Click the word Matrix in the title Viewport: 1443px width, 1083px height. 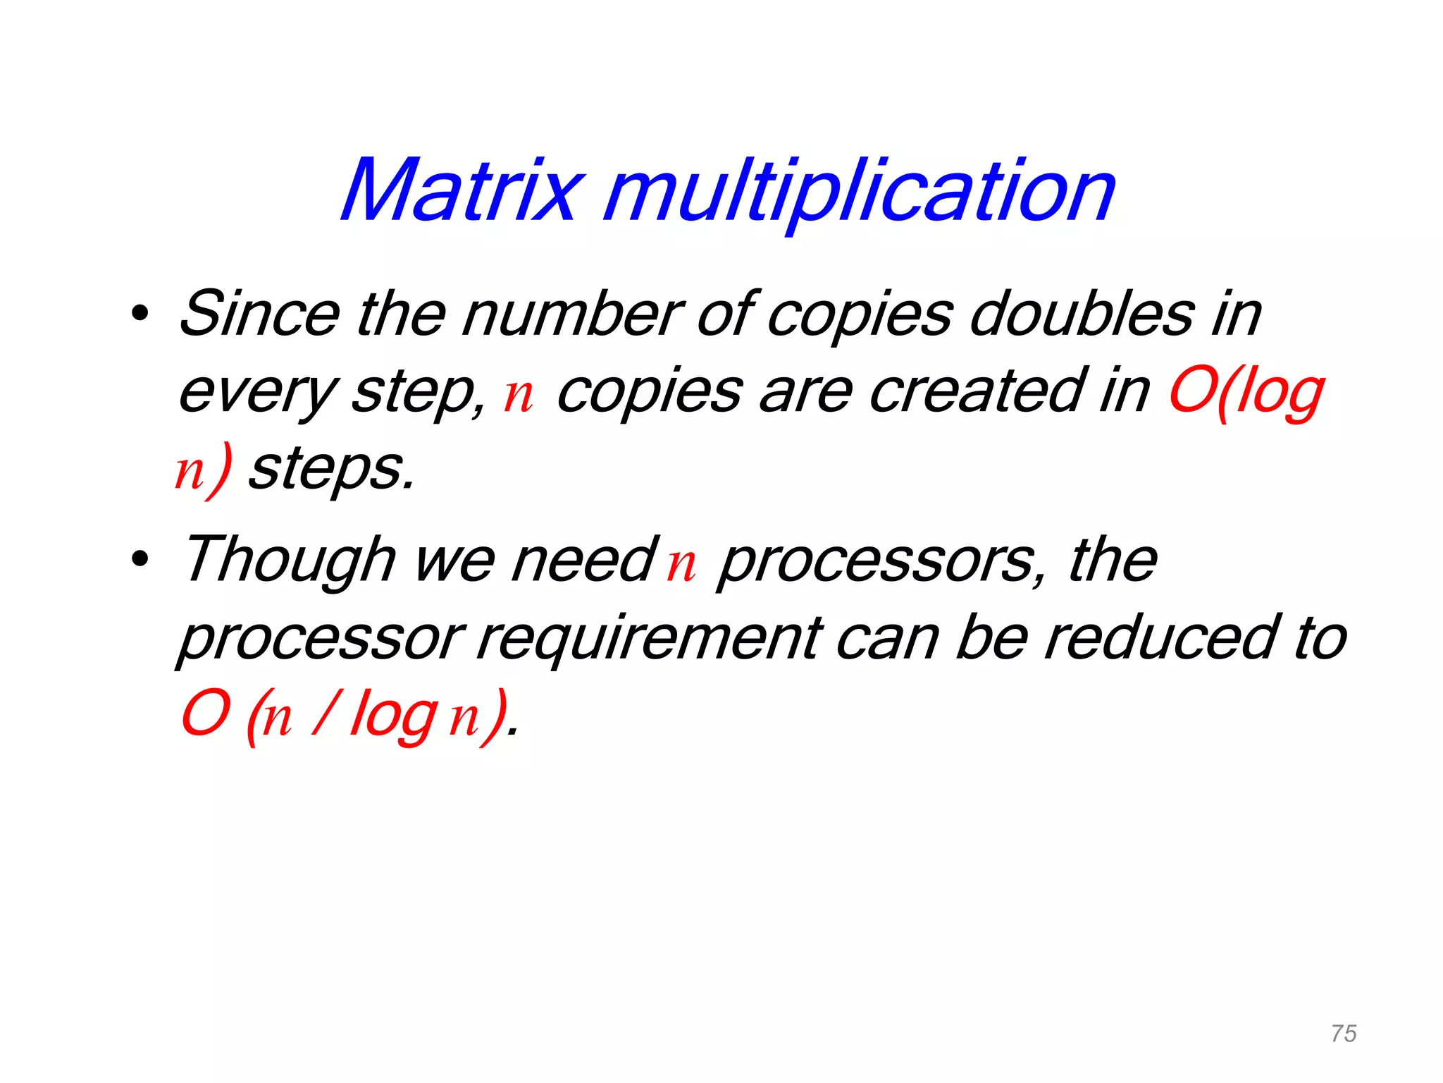pyautogui.click(x=462, y=190)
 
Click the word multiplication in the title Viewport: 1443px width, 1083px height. pyautogui.click(x=860, y=192)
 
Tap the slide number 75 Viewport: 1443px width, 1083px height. pyautogui.click(x=1344, y=1034)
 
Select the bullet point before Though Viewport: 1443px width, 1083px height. pyautogui.click(x=140, y=559)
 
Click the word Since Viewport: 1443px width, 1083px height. pyautogui.click(x=259, y=313)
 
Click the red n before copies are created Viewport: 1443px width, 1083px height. pyautogui.click(x=519, y=395)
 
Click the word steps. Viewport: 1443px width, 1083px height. pyautogui.click(x=331, y=470)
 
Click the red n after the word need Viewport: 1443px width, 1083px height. pyautogui.click(x=681, y=564)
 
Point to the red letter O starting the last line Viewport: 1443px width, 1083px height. pyautogui.click(x=206, y=714)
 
